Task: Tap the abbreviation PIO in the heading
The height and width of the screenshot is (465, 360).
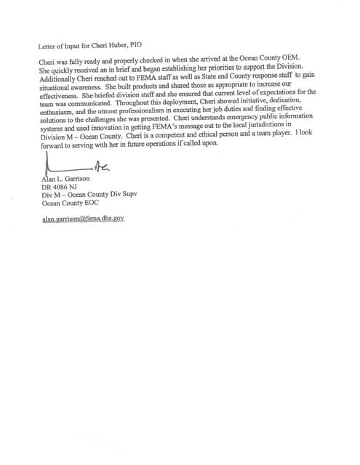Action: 133,44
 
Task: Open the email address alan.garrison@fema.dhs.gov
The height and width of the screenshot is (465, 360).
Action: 84,218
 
